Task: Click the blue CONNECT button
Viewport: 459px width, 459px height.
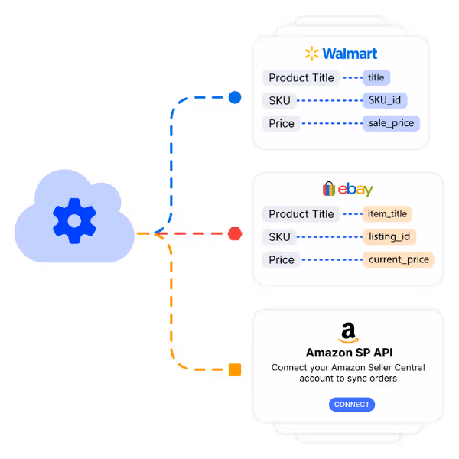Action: click(x=352, y=404)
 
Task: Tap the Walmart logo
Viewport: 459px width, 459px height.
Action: click(x=340, y=54)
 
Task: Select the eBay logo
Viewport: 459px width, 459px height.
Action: click(x=348, y=189)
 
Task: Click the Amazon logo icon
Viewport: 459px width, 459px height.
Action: click(x=348, y=333)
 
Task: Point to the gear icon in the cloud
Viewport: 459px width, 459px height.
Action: click(x=74, y=221)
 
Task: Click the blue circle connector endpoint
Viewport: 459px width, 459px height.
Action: click(x=235, y=97)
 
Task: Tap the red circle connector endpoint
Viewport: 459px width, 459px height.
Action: click(x=235, y=233)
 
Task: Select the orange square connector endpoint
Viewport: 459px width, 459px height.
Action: click(x=235, y=370)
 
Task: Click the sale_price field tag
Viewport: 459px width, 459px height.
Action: click(x=391, y=123)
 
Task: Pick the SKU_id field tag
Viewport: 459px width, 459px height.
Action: click(x=385, y=99)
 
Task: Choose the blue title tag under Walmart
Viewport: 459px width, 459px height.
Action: click(x=376, y=77)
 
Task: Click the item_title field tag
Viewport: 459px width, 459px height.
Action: click(x=387, y=214)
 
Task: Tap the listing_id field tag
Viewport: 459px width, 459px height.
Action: click(x=389, y=236)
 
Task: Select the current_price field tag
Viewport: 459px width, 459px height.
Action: click(x=398, y=259)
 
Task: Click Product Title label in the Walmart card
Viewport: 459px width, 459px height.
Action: click(x=301, y=77)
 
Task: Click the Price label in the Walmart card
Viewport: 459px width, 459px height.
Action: click(x=281, y=123)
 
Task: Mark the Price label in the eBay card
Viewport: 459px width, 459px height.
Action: click(x=281, y=259)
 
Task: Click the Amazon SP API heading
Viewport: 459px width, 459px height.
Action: click(x=348, y=353)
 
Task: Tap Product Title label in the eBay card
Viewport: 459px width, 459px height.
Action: click(x=301, y=214)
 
